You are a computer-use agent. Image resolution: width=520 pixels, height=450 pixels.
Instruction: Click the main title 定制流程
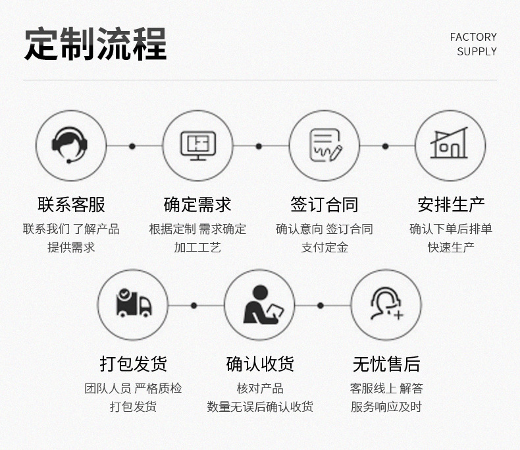(95, 44)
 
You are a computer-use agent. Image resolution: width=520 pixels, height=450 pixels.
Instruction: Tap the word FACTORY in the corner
(473, 37)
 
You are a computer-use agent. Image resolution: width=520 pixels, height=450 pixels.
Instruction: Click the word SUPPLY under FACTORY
(477, 51)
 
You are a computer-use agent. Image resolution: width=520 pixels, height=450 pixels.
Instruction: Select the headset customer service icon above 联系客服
(71, 146)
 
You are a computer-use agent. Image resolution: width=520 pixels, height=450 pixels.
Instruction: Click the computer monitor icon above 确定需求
(197, 146)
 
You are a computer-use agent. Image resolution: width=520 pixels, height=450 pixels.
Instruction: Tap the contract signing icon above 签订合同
(325, 146)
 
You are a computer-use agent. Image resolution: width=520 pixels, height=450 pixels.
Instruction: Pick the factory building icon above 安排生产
(450, 146)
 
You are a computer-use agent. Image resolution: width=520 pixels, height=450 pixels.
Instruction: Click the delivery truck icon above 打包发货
(134, 305)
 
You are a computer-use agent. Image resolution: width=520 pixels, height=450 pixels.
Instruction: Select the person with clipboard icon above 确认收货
(260, 305)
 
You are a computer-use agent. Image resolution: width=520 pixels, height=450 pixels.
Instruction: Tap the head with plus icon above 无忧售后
(386, 305)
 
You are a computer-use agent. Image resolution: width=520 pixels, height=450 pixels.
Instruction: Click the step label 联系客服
(71, 205)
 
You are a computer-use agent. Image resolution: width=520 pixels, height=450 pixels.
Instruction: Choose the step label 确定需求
(197, 205)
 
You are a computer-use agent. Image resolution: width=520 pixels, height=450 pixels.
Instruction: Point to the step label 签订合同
(325, 205)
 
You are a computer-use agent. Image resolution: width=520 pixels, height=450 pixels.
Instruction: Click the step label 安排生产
(451, 205)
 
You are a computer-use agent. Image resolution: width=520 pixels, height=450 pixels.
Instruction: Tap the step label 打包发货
(134, 364)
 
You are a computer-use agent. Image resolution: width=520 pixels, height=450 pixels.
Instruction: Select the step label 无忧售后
(386, 364)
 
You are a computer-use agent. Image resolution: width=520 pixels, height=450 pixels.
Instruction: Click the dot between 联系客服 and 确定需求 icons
(132, 146)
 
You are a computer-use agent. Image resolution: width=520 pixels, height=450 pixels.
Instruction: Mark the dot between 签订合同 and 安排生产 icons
(386, 146)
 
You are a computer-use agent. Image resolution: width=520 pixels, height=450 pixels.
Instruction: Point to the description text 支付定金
(325, 248)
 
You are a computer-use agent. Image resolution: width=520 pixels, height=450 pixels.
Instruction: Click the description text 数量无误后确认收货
(260, 407)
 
